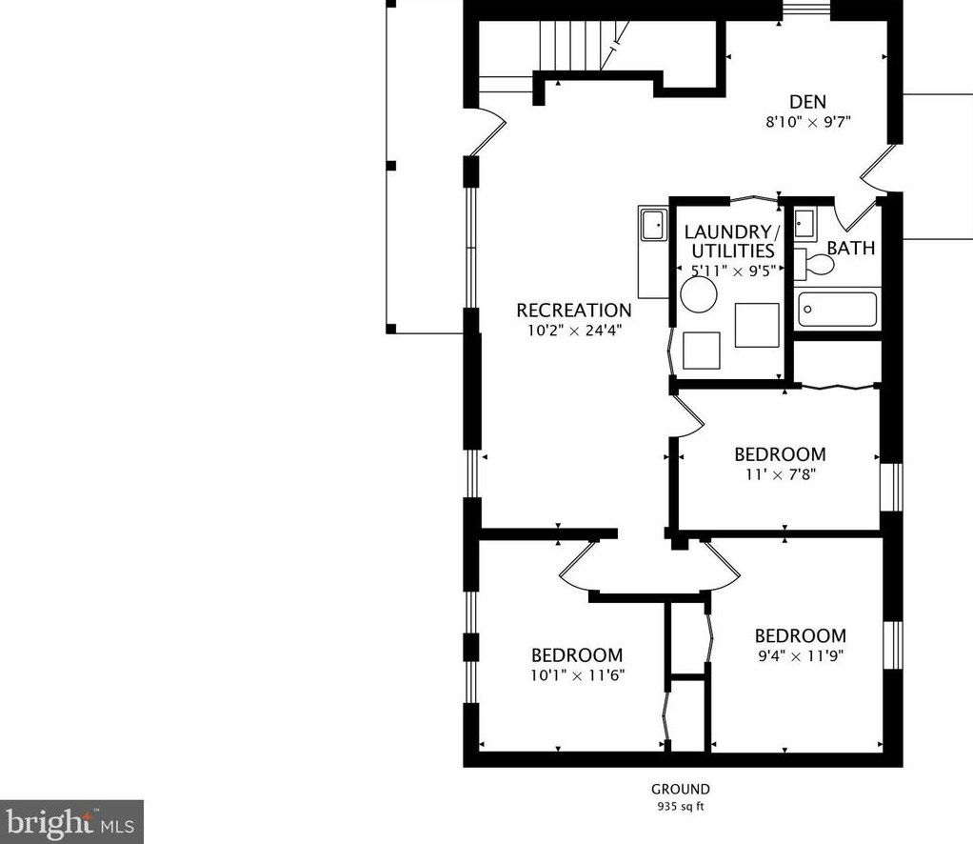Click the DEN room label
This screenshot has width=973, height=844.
[x=807, y=101]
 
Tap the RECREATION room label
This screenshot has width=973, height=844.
[x=574, y=310]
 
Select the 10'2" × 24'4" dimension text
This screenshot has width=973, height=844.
[x=574, y=331]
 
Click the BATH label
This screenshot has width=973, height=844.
[x=851, y=248]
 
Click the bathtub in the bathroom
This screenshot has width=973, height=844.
[x=837, y=309]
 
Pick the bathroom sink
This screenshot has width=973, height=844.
[x=804, y=224]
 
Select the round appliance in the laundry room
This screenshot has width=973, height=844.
[x=699, y=294]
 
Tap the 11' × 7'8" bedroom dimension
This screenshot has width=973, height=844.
[x=780, y=474]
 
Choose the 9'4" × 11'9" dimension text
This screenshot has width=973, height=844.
[x=801, y=655]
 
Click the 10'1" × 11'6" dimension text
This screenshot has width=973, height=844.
[x=577, y=675]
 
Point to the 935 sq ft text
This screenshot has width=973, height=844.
[x=681, y=807]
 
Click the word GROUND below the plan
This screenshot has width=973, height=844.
[x=681, y=790]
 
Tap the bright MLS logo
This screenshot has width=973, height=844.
[x=72, y=822]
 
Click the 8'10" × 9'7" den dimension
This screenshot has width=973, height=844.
[x=808, y=122]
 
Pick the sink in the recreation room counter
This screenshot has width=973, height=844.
[x=653, y=225]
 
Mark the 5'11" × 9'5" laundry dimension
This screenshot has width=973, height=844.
[x=733, y=271]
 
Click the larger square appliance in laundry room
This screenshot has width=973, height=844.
[x=757, y=325]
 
